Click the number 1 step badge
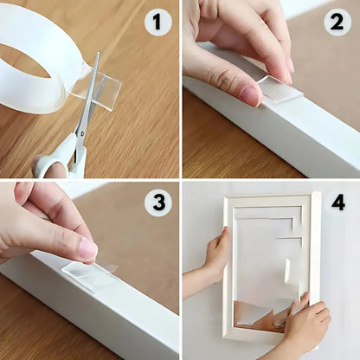click(x=157, y=22)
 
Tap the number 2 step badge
click(x=337, y=22)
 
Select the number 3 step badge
click(x=157, y=203)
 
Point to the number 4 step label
click(x=338, y=202)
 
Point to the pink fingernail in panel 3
click(x=87, y=250)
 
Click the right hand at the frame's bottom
click(x=307, y=325)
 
